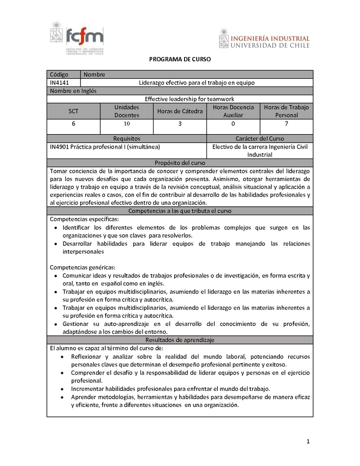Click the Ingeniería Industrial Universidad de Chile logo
[x=265, y=38]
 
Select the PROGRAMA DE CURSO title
[x=180, y=59]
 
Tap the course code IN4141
[x=59, y=82]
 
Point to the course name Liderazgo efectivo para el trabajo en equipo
[x=197, y=82]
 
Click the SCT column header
[x=73, y=111]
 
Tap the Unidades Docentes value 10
[x=126, y=124]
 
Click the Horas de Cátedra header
[x=180, y=111]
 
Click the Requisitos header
[x=126, y=139]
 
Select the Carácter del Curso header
[x=260, y=139]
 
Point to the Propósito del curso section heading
[x=180, y=163]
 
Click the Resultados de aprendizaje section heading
[x=180, y=339]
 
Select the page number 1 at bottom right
[x=308, y=442]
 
